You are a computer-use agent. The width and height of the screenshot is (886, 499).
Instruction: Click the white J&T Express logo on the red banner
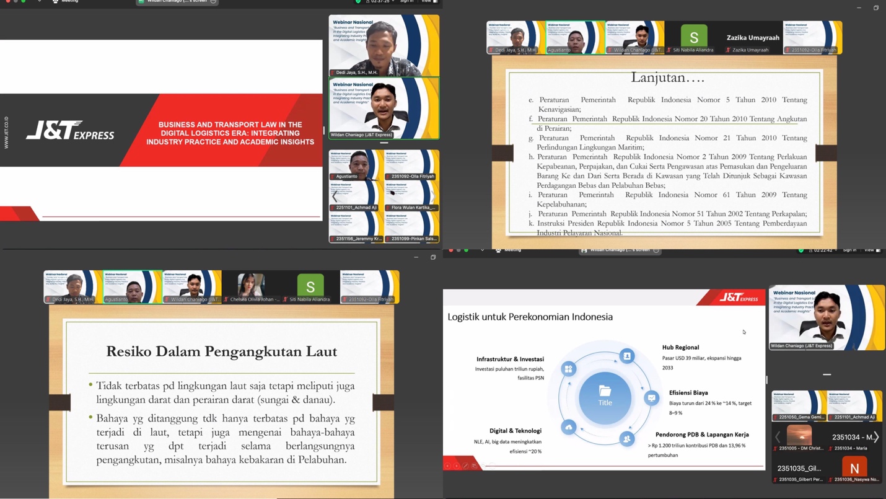click(70, 131)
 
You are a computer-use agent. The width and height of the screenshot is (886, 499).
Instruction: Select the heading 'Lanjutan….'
click(667, 77)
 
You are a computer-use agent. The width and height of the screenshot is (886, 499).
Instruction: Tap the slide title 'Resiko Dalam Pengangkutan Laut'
click(221, 351)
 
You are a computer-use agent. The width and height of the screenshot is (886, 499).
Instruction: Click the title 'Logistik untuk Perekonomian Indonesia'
click(530, 317)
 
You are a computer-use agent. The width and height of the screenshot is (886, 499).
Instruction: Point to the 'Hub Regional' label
click(680, 347)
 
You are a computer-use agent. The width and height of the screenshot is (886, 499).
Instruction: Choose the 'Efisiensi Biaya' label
click(688, 392)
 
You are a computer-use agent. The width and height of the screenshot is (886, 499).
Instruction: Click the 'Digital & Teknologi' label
click(515, 431)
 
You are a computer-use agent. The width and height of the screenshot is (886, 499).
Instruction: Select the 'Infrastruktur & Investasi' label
click(510, 359)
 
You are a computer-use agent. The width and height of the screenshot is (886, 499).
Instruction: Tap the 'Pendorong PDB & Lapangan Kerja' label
click(702, 435)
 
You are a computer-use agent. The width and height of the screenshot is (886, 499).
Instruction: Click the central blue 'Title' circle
click(605, 397)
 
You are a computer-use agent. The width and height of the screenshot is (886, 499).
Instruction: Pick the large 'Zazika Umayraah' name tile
click(753, 38)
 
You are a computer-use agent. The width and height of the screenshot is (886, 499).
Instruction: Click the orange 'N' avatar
click(854, 468)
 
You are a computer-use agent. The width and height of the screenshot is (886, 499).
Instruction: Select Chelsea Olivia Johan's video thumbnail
click(251, 286)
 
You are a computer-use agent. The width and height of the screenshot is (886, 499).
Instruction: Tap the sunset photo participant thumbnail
click(799, 436)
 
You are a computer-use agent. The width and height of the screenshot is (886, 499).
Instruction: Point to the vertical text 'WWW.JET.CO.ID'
click(7, 132)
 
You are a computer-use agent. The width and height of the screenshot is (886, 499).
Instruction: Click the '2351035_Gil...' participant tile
click(799, 468)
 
